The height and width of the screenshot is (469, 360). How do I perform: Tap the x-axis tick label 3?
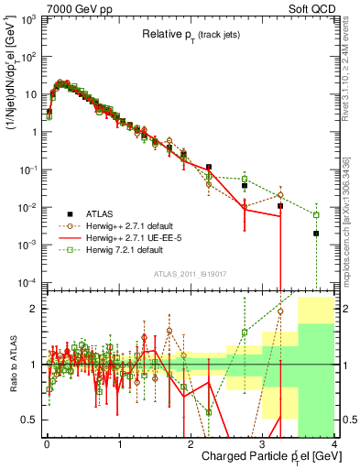(263, 443)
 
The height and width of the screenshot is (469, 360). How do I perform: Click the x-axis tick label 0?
(47, 443)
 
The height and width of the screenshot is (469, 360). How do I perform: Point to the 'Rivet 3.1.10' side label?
(351, 69)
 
